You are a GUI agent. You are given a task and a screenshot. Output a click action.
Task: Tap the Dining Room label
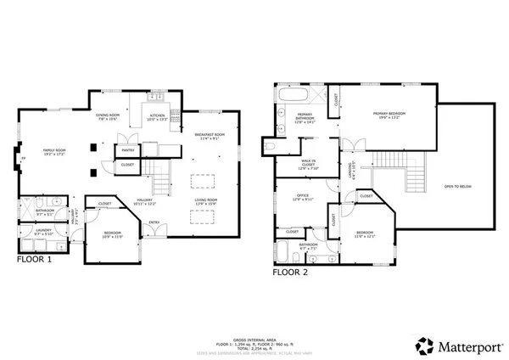click(107, 117)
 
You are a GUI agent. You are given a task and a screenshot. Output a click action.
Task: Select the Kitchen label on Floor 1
click(158, 117)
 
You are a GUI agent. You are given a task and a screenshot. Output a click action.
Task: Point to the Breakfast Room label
click(210, 137)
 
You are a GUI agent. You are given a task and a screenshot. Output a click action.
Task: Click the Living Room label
click(207, 201)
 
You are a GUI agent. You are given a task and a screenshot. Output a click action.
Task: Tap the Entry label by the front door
click(154, 222)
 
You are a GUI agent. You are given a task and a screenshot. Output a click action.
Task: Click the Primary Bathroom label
click(305, 121)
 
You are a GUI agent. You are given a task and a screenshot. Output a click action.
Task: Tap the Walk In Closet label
click(308, 164)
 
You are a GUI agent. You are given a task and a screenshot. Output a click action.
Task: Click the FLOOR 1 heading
click(35, 260)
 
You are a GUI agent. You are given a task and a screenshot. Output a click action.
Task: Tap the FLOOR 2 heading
click(290, 273)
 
